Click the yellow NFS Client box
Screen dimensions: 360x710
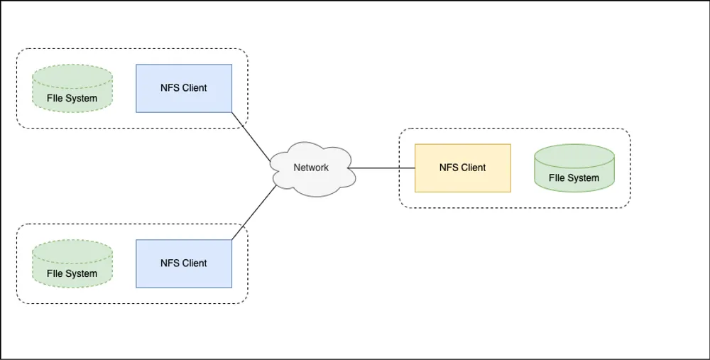pyautogui.click(x=462, y=168)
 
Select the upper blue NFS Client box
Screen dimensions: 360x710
pyautogui.click(x=184, y=88)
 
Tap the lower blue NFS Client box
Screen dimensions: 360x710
pyautogui.click(x=184, y=263)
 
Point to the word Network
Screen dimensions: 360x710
pyautogui.click(x=311, y=168)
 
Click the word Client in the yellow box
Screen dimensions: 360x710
pyautogui.click(x=473, y=168)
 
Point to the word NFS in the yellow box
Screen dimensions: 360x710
pyautogui.click(x=449, y=168)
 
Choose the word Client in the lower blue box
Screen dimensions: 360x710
pyautogui.click(x=194, y=263)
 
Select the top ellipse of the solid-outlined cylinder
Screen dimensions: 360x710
pyautogui.click(x=574, y=153)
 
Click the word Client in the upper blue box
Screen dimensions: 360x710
pyautogui.click(x=194, y=88)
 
